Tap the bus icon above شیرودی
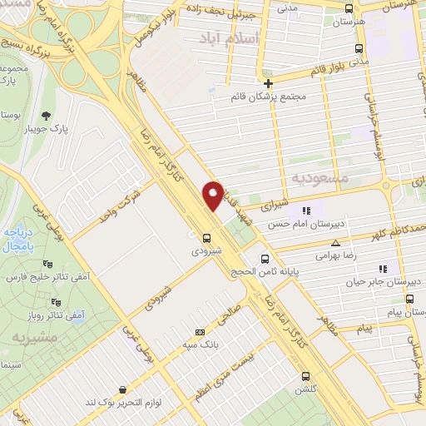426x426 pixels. [206, 236]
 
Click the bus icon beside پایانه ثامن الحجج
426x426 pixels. [265, 258]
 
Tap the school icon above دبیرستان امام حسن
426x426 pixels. [306, 211]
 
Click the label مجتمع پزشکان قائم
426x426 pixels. [267, 97]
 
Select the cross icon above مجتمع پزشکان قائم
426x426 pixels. [268, 83]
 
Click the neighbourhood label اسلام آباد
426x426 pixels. [230, 38]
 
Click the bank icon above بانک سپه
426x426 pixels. [198, 330]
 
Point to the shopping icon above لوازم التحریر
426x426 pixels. [123, 389]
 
